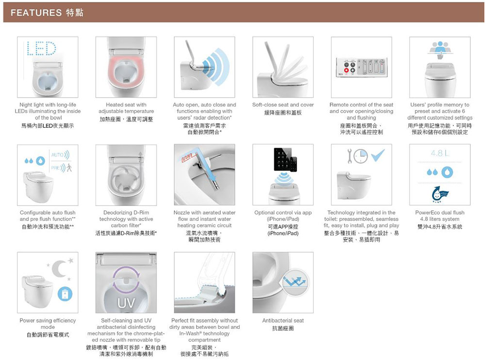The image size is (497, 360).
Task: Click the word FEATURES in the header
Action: click(x=36, y=13)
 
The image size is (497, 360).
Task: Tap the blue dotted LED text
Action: click(x=42, y=48)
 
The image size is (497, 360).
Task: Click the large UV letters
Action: click(x=126, y=303)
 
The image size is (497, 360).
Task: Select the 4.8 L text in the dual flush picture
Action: click(x=440, y=153)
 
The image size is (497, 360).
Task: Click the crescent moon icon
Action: click(x=59, y=268)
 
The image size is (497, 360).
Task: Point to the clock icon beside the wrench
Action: click(x=361, y=156)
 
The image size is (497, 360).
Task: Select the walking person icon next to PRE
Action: click(x=69, y=167)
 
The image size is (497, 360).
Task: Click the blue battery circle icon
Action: click(x=65, y=294)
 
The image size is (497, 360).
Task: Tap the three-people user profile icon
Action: click(x=440, y=48)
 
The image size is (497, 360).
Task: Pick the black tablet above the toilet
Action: click(x=282, y=159)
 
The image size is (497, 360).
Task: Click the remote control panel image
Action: click(x=361, y=68)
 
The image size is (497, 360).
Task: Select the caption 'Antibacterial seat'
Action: click(x=283, y=320)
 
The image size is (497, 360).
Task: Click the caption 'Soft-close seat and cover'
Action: click(x=283, y=104)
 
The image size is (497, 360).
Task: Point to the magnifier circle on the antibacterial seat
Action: click(x=295, y=282)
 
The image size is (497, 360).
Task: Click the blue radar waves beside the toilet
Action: click(x=217, y=66)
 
